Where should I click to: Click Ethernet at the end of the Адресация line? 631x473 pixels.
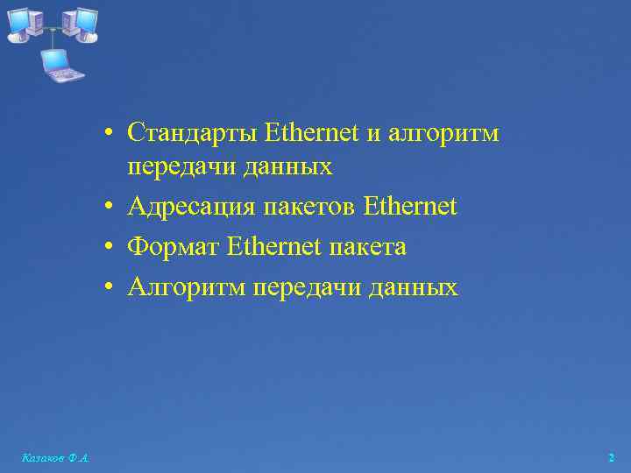(409, 208)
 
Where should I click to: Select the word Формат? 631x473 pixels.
(173, 248)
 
